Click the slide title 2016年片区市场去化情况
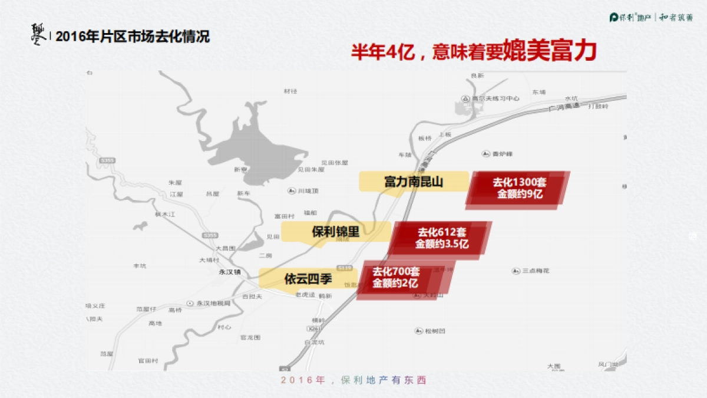pos(133,37)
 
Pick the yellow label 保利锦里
pos(335,232)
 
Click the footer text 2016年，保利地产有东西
pos(353,380)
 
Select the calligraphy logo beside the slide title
pos(38,34)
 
